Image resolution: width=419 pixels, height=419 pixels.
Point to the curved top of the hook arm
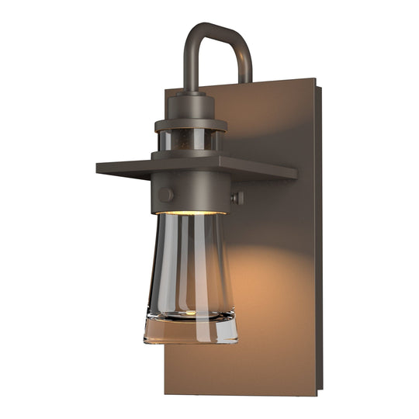click(216, 31)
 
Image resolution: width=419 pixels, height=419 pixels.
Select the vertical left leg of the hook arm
click(189, 66)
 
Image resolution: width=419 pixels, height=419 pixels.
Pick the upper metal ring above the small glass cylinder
click(190, 123)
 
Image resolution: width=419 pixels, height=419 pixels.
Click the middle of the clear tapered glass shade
click(190, 264)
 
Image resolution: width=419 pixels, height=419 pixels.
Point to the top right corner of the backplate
click(315, 78)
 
